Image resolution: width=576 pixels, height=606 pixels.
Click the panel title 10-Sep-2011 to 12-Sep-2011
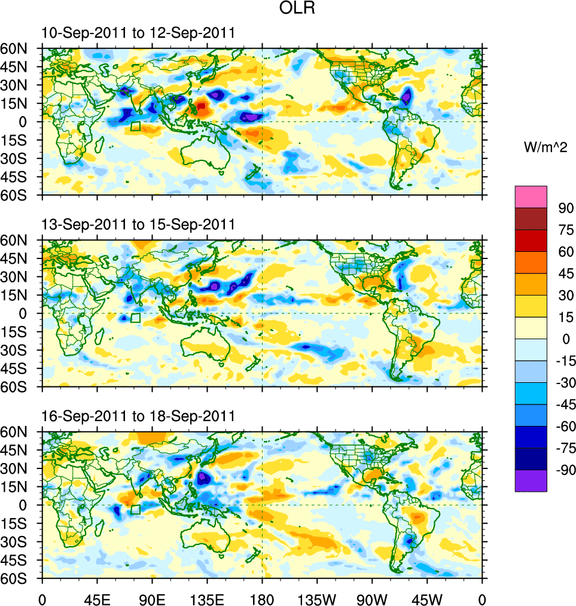click(138, 33)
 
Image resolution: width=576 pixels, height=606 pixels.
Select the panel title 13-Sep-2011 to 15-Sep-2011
click(138, 224)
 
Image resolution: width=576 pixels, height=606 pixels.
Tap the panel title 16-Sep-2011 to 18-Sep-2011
click(138, 416)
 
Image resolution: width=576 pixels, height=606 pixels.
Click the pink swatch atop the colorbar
click(531, 197)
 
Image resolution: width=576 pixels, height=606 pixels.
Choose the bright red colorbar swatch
click(531, 240)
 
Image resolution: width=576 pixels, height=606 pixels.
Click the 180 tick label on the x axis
click(262, 598)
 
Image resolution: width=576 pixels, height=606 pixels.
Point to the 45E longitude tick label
click(97, 598)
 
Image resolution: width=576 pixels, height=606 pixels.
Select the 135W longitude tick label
click(317, 598)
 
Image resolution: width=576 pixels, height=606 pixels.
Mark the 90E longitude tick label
click(152, 598)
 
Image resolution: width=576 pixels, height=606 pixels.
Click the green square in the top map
click(135, 126)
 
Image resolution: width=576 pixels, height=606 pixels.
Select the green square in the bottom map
click(135, 509)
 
